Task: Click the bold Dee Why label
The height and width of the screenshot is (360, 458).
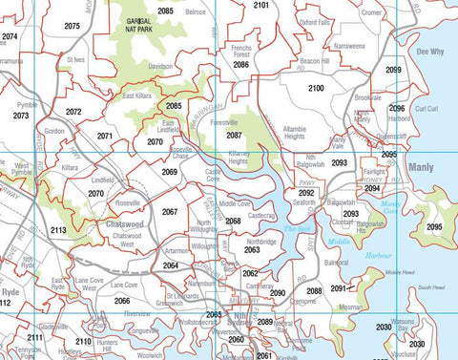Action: [x=430, y=52]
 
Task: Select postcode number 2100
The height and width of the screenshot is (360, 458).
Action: [x=316, y=88]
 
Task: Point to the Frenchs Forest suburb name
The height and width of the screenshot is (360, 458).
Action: [x=241, y=51]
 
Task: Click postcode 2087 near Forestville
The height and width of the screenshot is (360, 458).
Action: [x=234, y=136]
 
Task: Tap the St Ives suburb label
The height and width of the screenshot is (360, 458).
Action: [x=76, y=59]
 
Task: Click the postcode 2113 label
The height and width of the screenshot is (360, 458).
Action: [x=58, y=230]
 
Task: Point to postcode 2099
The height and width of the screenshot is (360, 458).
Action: [x=393, y=70]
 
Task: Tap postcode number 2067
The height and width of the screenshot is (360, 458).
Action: [x=170, y=212]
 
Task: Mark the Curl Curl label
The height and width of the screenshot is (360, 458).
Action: [x=426, y=110]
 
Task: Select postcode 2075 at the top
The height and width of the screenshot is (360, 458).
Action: [x=72, y=26]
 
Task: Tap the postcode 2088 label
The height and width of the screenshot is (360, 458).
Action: [x=314, y=290]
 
